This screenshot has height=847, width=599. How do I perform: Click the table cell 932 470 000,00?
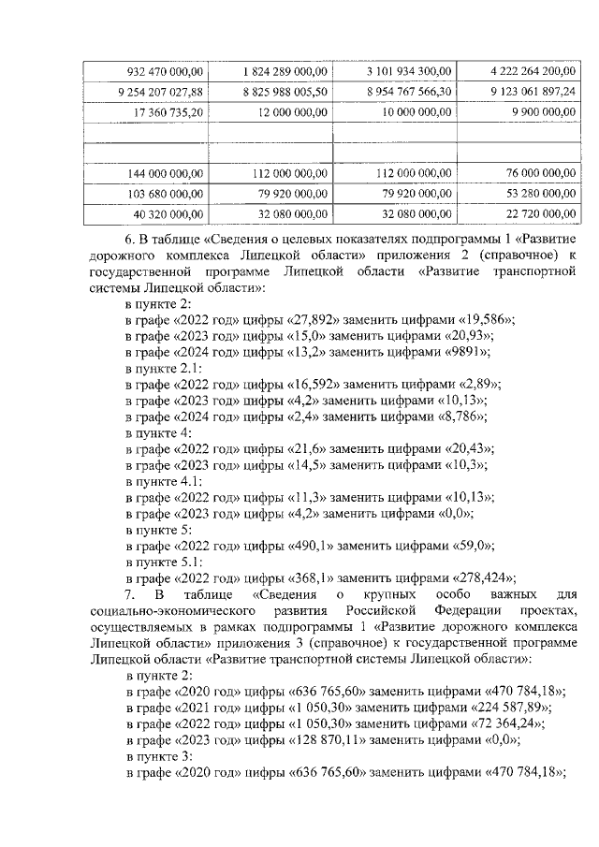165,70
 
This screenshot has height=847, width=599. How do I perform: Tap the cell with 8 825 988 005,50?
285,91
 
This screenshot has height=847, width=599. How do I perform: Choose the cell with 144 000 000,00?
166,173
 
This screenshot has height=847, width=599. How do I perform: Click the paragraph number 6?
130,238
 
